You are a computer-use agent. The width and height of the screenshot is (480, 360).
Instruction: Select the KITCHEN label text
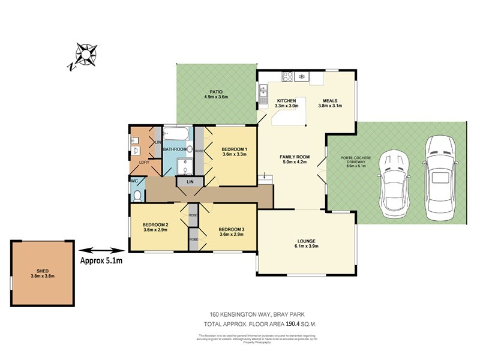[286, 101]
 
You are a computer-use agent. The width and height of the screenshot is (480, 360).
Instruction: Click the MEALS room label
[330, 101]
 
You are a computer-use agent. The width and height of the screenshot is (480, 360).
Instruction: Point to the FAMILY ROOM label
[293, 157]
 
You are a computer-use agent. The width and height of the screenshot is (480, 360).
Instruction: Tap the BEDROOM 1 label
[234, 149]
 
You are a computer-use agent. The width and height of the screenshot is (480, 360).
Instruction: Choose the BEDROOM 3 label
[231, 229]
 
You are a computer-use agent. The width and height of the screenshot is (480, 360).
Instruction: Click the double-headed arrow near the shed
[100, 250]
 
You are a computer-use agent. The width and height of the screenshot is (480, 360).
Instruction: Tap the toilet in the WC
[137, 196]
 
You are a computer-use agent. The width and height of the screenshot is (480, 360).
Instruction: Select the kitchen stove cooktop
[287, 76]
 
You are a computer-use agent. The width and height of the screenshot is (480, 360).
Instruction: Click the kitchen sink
[263, 91]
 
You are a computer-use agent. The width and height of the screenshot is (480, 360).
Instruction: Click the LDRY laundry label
[145, 162]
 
